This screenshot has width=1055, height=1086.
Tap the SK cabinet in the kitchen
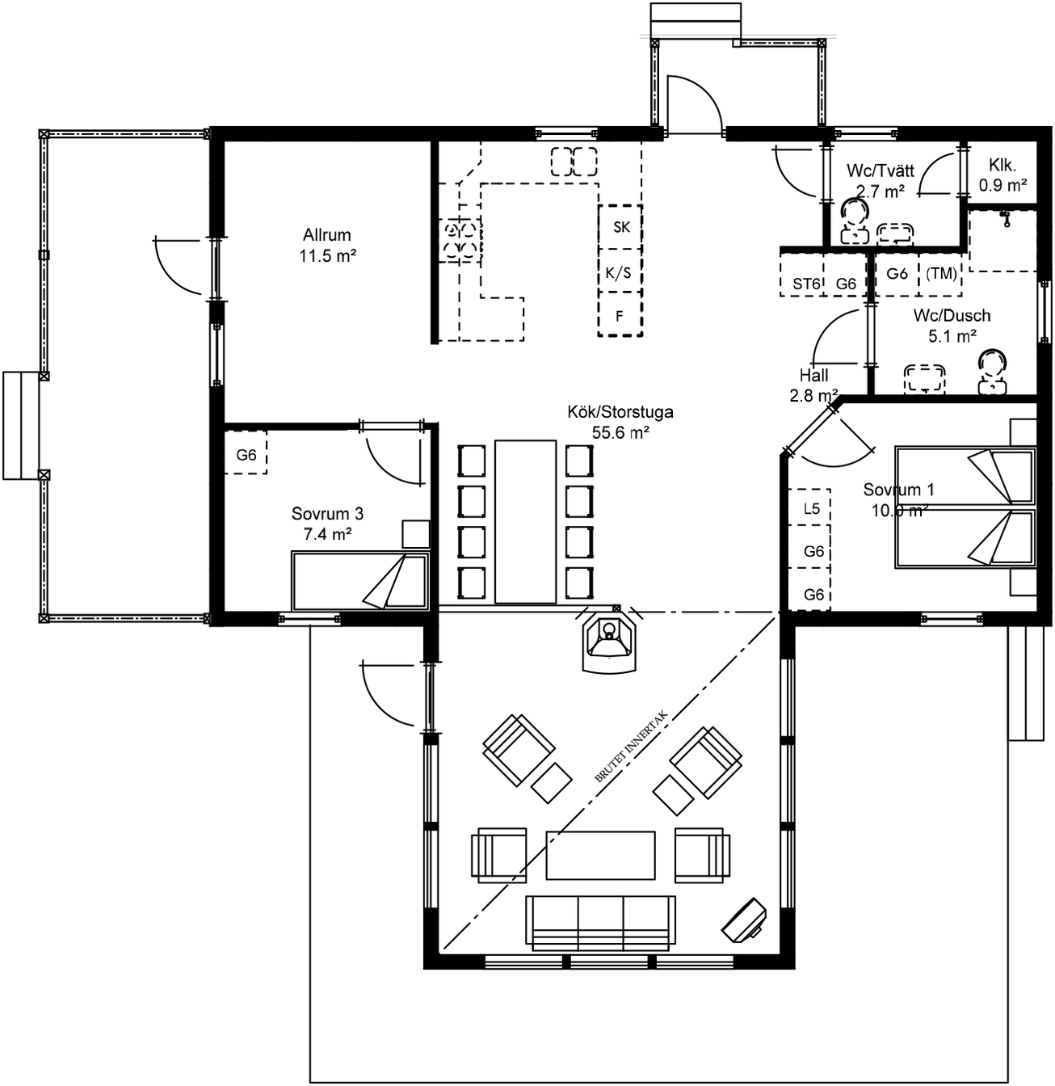click(x=620, y=226)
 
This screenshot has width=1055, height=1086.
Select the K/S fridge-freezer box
click(x=620, y=271)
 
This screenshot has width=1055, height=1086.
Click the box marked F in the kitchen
click(x=620, y=314)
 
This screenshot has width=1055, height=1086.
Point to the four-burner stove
click(x=460, y=240)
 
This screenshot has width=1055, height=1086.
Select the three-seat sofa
click(x=600, y=924)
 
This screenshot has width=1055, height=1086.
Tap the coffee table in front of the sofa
click(x=600, y=856)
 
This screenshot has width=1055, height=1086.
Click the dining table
click(x=525, y=522)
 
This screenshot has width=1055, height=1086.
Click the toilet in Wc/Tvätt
click(x=854, y=221)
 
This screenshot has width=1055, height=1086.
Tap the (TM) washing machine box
click(x=940, y=273)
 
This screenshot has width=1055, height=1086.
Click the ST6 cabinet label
click(x=806, y=284)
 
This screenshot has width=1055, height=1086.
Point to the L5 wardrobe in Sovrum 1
click(x=809, y=507)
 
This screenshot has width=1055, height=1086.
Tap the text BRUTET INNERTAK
click(x=632, y=747)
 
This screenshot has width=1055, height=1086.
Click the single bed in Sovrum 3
click(x=360, y=581)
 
